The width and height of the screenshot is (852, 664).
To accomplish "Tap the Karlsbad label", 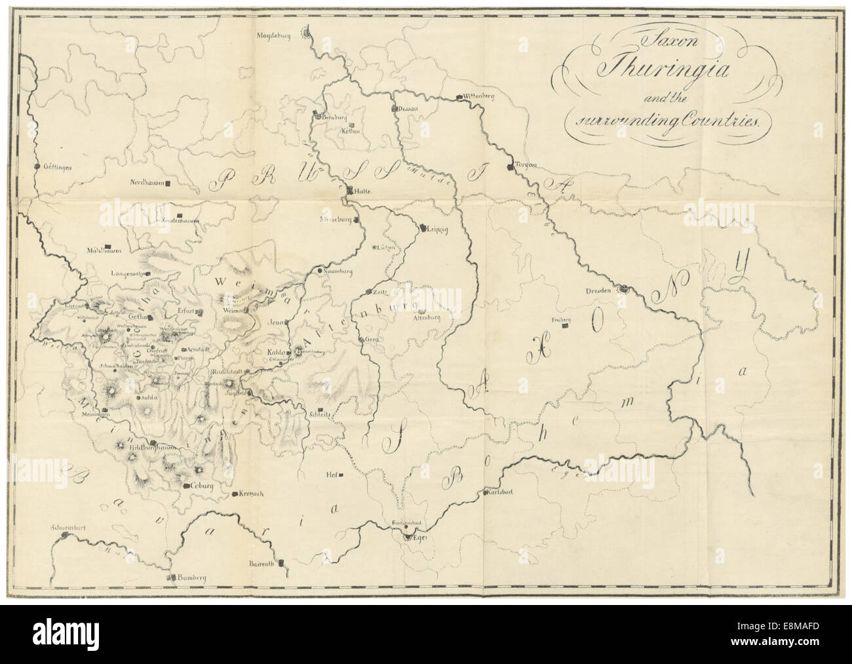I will [x=499, y=493].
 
